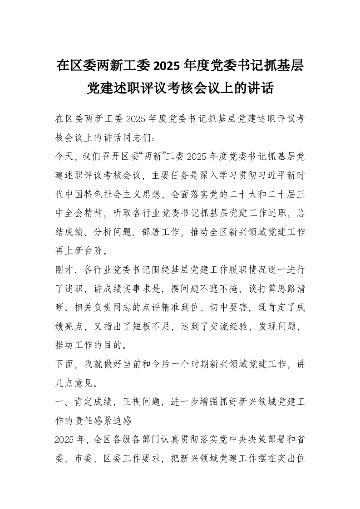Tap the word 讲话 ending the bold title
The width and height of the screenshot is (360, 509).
point(263,88)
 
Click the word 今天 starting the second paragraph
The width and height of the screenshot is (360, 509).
point(63,157)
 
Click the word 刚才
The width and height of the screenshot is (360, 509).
point(63,269)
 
